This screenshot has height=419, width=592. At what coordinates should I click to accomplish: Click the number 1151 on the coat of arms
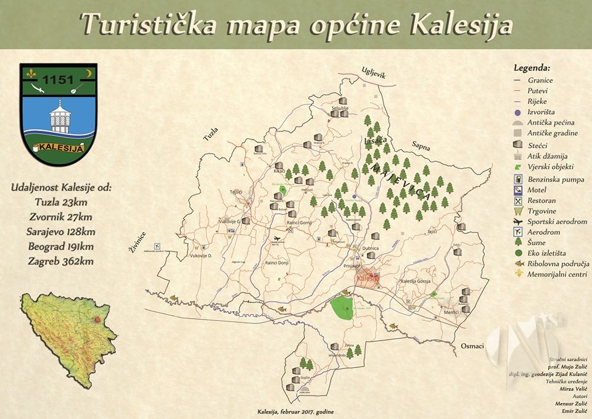[x=59, y=80]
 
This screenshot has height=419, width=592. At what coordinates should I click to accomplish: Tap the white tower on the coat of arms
[x=59, y=115]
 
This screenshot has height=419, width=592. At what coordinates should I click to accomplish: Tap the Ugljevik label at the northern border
[x=374, y=73]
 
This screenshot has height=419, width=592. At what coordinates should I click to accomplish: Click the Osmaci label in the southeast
[x=472, y=346]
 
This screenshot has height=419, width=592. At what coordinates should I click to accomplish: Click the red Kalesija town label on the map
[x=368, y=279]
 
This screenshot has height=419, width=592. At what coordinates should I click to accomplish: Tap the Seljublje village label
[x=340, y=108]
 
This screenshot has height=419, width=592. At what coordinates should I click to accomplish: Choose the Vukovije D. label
[x=201, y=255]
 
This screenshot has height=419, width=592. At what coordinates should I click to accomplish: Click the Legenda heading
[x=532, y=68]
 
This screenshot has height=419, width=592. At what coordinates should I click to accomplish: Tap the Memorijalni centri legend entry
[x=557, y=274]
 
